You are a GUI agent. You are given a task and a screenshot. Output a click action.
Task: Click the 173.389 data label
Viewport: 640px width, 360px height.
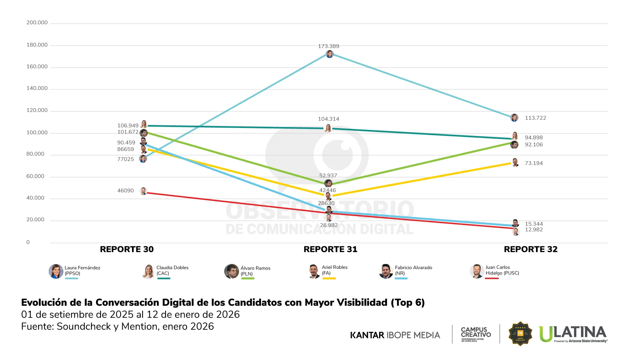tap(328, 46)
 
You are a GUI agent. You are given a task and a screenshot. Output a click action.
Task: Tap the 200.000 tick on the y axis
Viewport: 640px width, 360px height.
tap(37, 23)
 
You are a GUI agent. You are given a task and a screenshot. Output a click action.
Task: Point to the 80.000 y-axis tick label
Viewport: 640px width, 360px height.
tap(35, 154)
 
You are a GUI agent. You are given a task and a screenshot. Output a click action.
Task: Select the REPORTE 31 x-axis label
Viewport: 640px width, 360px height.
tap(330, 249)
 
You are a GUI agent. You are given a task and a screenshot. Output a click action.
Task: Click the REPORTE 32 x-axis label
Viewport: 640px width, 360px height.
tap(530, 249)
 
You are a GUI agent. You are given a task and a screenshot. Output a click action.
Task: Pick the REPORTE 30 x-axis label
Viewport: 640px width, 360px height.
tap(127, 249)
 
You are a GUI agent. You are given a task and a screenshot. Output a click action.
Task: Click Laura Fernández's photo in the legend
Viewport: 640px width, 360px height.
tap(56, 271)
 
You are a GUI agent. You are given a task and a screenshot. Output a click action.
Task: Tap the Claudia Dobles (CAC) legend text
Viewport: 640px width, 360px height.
tap(172, 270)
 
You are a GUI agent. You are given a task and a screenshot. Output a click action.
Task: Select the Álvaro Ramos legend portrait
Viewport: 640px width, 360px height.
tap(231, 271)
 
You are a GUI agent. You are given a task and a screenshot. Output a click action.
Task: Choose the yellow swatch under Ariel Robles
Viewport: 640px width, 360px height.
tap(329, 278)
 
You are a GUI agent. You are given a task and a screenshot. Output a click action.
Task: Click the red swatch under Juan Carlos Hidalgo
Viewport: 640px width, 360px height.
tap(492, 278)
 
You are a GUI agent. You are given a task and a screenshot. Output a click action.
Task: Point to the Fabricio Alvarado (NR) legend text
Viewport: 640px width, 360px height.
tap(413, 270)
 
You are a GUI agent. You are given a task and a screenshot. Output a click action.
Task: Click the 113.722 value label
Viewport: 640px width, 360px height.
tap(535, 118)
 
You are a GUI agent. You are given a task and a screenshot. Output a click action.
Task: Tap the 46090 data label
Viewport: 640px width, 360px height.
tap(125, 191)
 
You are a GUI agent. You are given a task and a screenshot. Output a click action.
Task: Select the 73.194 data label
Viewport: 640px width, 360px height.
tap(534, 163)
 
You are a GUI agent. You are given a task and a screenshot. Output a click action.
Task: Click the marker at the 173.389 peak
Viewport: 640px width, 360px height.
tap(329, 54)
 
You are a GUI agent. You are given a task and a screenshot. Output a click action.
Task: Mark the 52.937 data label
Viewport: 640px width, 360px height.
tap(328, 176)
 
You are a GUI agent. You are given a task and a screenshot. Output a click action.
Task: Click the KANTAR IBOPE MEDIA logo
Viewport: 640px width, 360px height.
tap(395, 335)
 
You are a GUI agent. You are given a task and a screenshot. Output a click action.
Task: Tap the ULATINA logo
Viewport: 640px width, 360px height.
tap(573, 334)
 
